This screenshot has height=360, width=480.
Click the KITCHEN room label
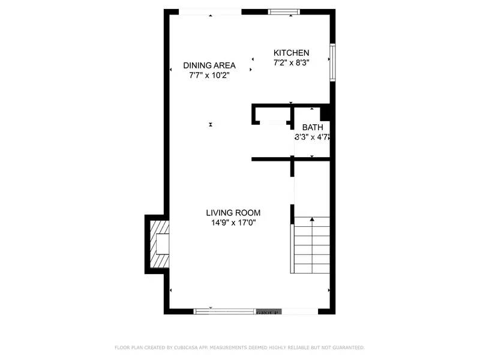tap(292, 53)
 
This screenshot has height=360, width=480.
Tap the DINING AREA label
tap(209, 65)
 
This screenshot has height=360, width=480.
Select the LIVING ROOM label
tap(233, 212)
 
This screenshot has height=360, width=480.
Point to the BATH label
tap(312, 127)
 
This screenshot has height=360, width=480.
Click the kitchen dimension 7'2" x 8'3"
tap(292, 62)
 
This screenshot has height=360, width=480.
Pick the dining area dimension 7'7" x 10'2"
tap(209, 75)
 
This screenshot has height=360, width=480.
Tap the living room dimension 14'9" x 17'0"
tap(233, 223)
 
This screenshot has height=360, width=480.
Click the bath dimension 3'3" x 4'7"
tap(312, 137)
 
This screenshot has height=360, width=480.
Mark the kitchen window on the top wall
tap(285, 11)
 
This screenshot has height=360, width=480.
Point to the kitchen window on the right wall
tap(332, 61)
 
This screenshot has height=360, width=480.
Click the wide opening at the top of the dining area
tap(210, 11)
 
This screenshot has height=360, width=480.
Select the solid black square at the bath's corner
tap(326, 113)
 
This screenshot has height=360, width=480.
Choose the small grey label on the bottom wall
tap(269, 313)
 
